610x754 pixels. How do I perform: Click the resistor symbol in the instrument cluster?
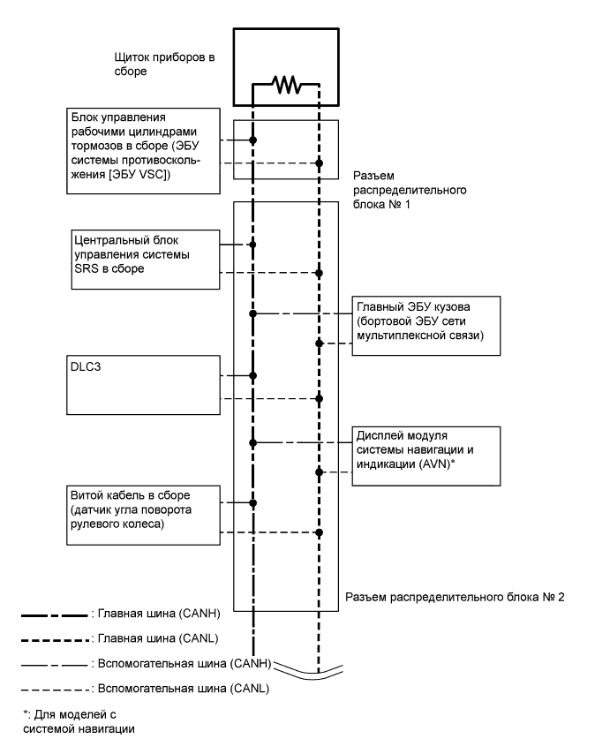[x=287, y=86]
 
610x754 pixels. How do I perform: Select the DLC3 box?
[x=142, y=384]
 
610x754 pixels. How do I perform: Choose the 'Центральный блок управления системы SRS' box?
[x=142, y=258]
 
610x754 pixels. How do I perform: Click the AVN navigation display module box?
[x=426, y=452]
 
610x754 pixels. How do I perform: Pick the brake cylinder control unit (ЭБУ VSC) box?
[x=142, y=150]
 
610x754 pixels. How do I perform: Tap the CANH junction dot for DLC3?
[x=253, y=375]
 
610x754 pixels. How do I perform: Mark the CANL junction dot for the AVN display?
[x=320, y=472]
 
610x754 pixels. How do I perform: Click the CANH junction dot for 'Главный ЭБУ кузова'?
[x=253, y=313]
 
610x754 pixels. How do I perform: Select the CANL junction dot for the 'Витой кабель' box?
[x=320, y=532]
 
